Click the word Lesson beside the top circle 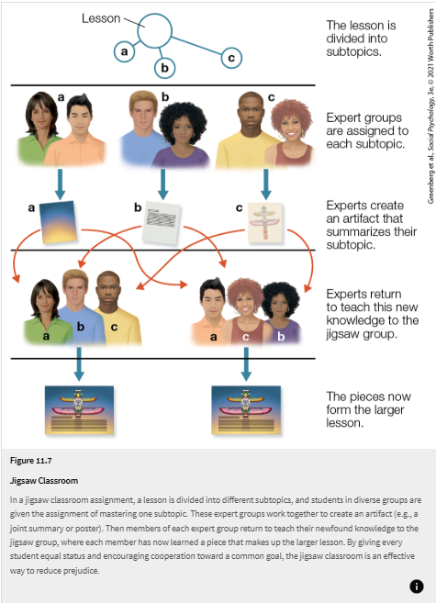click(x=101, y=17)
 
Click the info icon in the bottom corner click(x=416, y=586)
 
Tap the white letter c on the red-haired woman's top click(x=245, y=338)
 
